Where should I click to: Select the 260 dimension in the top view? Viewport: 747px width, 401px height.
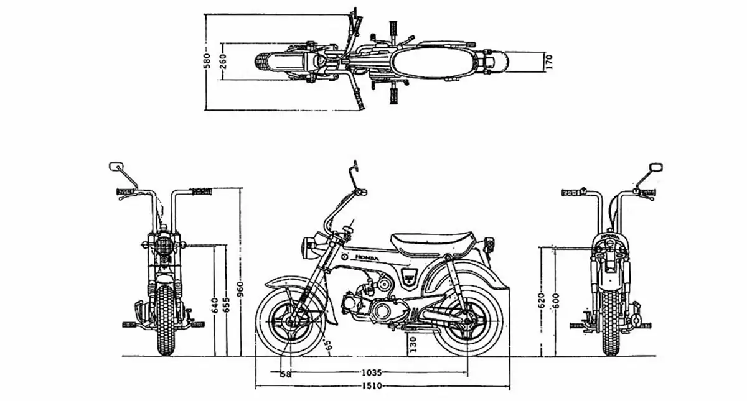[223, 61]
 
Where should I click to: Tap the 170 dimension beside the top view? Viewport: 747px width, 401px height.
[548, 62]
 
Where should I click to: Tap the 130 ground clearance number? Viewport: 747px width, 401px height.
[413, 344]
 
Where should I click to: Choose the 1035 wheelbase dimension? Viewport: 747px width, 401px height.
[371, 373]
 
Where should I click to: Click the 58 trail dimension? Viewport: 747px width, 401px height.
[286, 374]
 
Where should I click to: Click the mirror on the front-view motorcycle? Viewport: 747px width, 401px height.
[115, 167]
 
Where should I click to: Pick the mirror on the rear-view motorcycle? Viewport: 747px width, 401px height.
[655, 167]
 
